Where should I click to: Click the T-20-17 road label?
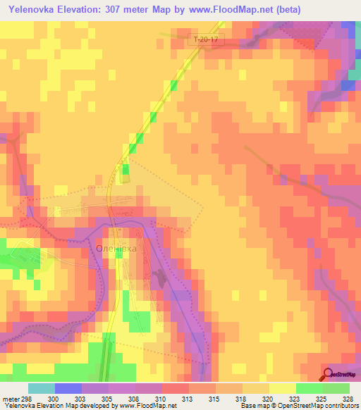tap(204, 40)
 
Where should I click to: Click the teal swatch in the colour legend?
tap(42, 388)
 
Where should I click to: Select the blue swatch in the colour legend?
tap(68, 388)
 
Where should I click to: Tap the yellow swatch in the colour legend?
tap(282, 388)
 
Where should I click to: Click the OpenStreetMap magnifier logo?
tap(328, 374)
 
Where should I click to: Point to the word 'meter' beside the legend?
tap(10, 398)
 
